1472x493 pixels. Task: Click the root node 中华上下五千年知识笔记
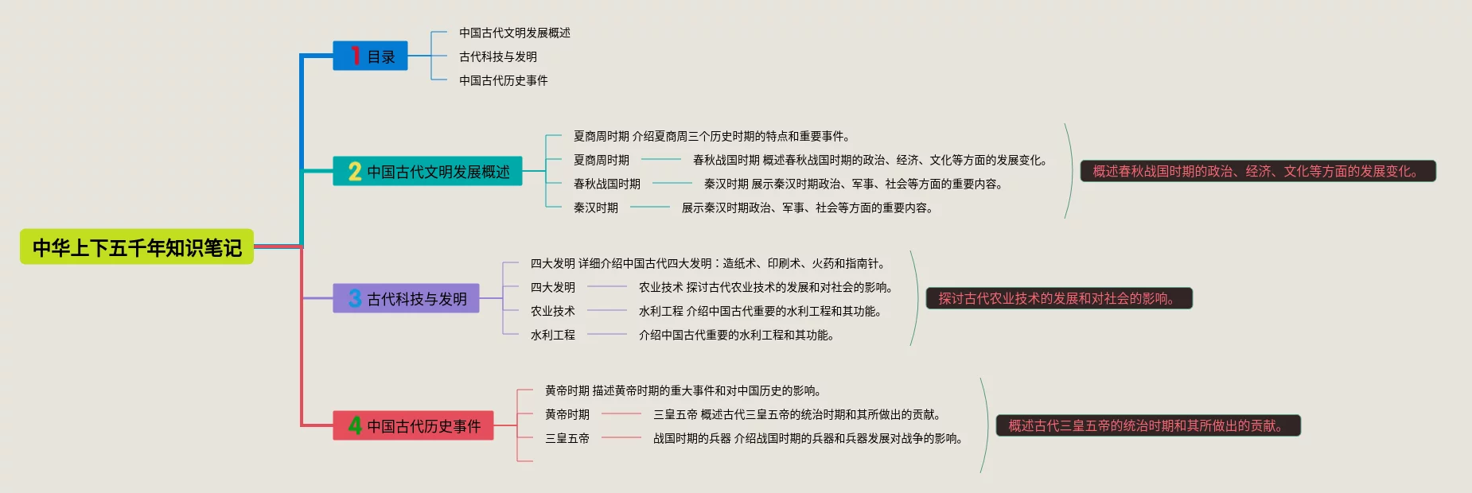[x=137, y=247]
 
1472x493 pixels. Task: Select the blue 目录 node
[x=370, y=56]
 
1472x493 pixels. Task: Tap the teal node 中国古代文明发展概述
[x=427, y=172]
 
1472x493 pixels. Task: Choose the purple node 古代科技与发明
[x=406, y=299]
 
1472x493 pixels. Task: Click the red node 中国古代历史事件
[x=413, y=426]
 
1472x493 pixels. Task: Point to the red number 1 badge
[x=355, y=56]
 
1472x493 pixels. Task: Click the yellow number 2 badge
[x=355, y=172]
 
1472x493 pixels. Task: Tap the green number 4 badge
[x=355, y=426]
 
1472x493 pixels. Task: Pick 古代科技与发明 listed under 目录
[x=498, y=56]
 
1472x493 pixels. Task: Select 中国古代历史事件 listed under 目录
[x=504, y=80]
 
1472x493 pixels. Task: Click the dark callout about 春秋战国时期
[x=1257, y=171]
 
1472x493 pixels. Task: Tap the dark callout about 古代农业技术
[x=1058, y=298]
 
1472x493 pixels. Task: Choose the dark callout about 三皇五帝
[x=1147, y=425]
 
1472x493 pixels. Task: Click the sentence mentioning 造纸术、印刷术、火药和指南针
[x=708, y=263]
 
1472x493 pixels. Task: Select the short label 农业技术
[x=553, y=311]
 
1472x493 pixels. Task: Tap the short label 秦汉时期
[x=596, y=208]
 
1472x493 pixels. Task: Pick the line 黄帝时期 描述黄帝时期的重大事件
[x=683, y=390]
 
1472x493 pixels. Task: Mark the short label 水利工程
[x=553, y=335]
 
